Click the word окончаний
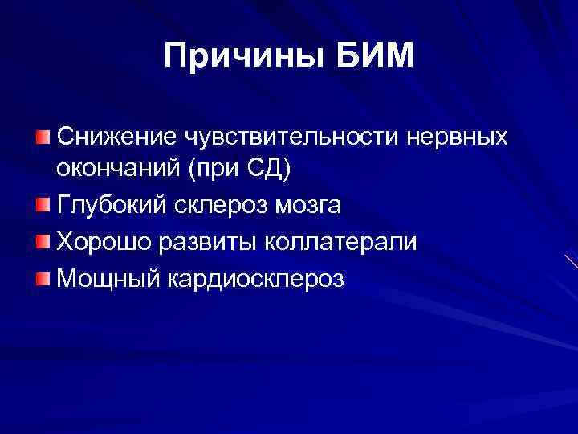pos(107,170)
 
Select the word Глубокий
pos(108,206)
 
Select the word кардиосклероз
pos(256,277)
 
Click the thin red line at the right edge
pos(571,261)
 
